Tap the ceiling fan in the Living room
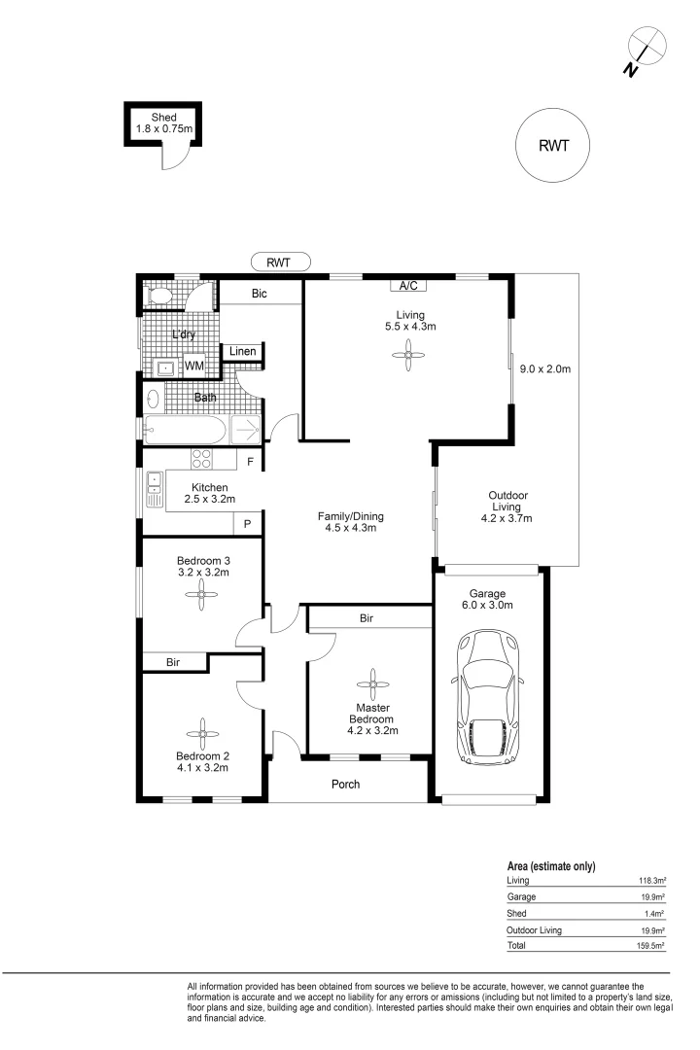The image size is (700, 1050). (408, 354)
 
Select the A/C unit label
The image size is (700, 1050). (408, 286)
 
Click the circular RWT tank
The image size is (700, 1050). (552, 145)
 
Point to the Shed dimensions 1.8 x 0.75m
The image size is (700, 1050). (164, 128)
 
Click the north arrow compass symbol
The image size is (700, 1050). (645, 50)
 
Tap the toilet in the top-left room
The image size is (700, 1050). (160, 296)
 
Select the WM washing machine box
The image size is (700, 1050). (194, 366)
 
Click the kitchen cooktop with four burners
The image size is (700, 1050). (201, 459)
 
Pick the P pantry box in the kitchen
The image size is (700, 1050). (247, 524)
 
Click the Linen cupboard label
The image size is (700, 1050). (242, 351)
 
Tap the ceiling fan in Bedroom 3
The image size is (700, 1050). (201, 594)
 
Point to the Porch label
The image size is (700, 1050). (346, 785)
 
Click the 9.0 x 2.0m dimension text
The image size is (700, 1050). (545, 369)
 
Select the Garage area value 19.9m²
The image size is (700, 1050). (652, 897)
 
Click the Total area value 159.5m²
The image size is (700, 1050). (650, 946)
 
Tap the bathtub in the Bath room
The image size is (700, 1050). (186, 430)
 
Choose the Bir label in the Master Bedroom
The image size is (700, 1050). (367, 618)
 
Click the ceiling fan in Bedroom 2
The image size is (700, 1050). (202, 735)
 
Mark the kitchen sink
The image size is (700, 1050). (155, 490)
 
